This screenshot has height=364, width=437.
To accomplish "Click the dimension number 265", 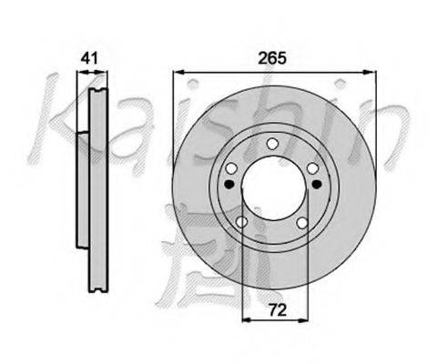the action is (272, 58).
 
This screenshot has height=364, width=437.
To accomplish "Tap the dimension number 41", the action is (89, 58).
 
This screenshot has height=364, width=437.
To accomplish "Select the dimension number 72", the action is (278, 310).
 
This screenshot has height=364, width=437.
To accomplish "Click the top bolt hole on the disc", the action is (273, 144).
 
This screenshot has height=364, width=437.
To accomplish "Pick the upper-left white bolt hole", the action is (231, 168).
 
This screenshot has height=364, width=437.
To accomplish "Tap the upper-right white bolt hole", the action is (313, 168).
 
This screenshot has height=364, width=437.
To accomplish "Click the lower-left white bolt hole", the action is (242, 222).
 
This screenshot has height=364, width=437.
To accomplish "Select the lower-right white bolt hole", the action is (302, 223).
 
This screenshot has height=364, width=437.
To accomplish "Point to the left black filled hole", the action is (229, 184).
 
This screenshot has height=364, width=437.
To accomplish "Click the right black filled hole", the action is (317, 184).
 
